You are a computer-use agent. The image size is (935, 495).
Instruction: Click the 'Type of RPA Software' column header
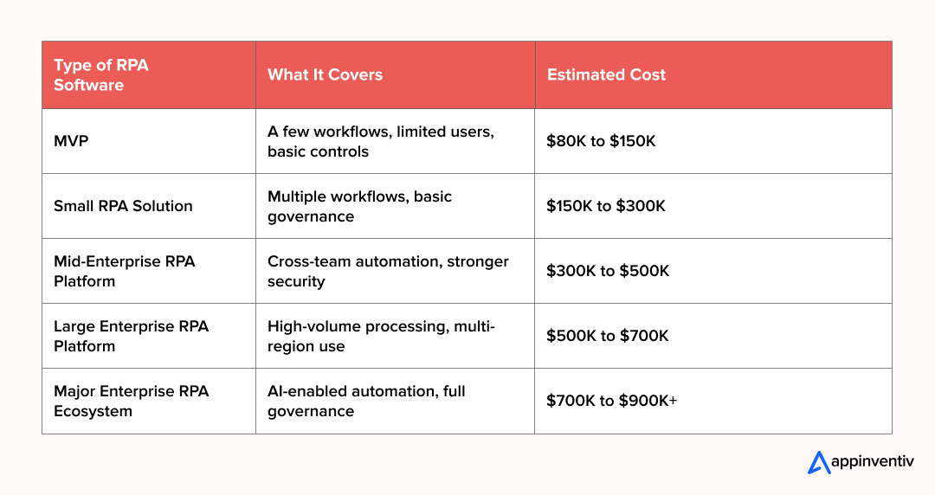[x=101, y=75]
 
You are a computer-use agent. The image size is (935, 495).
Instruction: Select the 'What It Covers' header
[x=325, y=75]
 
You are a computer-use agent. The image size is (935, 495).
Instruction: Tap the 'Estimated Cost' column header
[x=606, y=75]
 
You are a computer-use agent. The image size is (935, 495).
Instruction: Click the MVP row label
[x=71, y=141]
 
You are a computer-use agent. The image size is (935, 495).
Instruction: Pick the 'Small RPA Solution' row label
[x=123, y=206]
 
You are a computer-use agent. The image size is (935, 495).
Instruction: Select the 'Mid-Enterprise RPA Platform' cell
[x=124, y=271]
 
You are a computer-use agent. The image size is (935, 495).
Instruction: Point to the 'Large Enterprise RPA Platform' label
[x=131, y=336]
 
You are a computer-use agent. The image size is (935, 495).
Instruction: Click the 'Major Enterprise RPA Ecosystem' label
[x=131, y=401]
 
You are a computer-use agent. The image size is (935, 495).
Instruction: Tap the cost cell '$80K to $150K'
[x=601, y=141]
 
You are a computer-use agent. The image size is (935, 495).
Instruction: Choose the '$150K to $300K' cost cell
[x=604, y=206]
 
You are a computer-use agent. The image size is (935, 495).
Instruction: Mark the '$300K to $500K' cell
[x=608, y=271]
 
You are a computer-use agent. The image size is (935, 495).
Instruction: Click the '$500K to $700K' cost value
[x=608, y=336]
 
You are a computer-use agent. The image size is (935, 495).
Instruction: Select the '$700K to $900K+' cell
[x=611, y=401]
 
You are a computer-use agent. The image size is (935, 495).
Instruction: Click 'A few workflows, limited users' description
[x=381, y=141]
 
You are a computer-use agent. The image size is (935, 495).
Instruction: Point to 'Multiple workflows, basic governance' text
[x=359, y=206]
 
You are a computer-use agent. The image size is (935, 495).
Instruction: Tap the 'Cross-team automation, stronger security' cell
[x=388, y=271]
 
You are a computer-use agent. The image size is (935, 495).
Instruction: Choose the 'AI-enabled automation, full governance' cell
[x=366, y=401]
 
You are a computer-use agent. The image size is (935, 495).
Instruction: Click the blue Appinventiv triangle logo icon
[x=819, y=462]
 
